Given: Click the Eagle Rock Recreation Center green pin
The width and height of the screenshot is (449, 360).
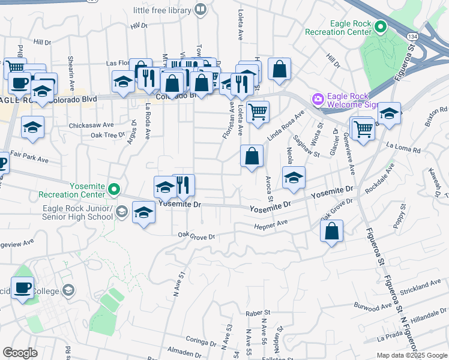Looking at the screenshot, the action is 380,27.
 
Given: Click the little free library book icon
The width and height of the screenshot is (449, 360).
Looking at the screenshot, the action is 200,9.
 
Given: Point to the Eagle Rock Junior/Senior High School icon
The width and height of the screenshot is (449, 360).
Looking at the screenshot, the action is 122,211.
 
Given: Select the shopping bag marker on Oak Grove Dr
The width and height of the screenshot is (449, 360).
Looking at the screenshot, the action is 331,231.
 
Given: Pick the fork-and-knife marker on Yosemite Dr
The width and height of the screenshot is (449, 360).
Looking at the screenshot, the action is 184,185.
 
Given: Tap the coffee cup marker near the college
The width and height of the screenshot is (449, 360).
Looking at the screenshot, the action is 22,287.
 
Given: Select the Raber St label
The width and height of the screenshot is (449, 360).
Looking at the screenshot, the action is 259,313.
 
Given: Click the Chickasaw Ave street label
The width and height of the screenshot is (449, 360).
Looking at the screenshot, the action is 91,125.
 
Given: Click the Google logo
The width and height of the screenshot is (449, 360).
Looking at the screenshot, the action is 20,353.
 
